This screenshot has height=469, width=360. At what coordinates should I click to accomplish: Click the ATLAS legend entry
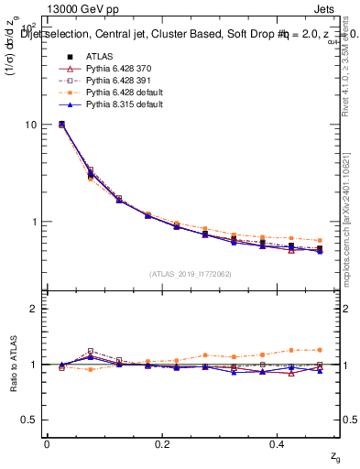click(x=99, y=56)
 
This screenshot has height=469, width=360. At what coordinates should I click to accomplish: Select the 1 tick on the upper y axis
click(x=35, y=222)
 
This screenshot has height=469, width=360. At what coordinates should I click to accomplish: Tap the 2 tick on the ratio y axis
click(x=35, y=309)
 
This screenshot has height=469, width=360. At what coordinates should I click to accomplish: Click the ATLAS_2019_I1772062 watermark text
click(x=190, y=274)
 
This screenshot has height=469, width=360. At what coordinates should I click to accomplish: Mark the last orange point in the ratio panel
click(x=319, y=349)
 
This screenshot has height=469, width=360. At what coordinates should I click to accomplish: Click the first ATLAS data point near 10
click(x=61, y=124)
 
